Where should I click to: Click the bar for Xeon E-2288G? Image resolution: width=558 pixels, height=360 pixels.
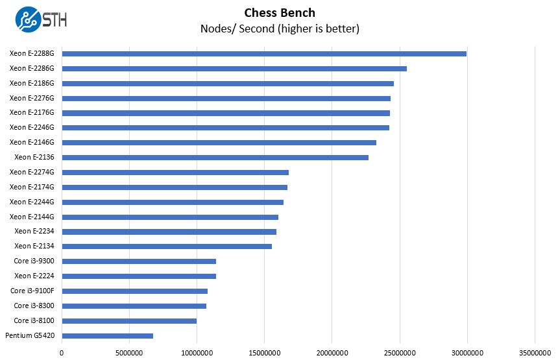tap(263, 53)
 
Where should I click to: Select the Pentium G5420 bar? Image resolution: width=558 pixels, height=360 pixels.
tap(107, 336)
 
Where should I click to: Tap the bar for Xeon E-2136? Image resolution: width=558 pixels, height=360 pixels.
tap(215, 157)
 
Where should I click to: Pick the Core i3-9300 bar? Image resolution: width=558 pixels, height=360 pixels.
tap(139, 261)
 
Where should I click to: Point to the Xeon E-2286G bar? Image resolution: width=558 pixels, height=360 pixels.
tap(234, 68)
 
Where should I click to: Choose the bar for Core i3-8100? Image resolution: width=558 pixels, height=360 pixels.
tap(129, 321)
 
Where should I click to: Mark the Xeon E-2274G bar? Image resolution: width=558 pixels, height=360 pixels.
tap(175, 172)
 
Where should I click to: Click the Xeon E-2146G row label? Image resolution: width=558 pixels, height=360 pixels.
tap(32, 142)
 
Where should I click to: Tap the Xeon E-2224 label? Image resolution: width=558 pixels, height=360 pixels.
tap(34, 276)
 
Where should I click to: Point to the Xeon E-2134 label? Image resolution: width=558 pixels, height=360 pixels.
tap(34, 246)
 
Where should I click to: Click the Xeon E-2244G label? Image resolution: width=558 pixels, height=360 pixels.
tap(32, 202)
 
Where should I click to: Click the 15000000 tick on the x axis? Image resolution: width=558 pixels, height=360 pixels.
tap(264, 353)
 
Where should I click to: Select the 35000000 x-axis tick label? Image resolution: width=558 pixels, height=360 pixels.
tap(534, 353)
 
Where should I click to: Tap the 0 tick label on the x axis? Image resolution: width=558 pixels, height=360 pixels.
tap(62, 353)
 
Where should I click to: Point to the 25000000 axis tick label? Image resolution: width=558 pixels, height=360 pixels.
tap(399, 353)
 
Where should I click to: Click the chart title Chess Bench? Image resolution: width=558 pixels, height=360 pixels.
tap(280, 12)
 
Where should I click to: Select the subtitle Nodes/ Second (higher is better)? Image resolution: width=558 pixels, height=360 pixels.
tap(280, 29)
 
